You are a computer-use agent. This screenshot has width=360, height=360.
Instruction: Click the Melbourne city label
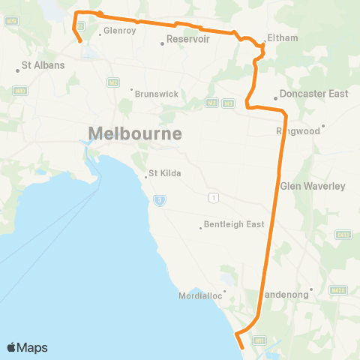[x=135, y=134]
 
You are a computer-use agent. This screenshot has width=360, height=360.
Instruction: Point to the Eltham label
[x=283, y=37]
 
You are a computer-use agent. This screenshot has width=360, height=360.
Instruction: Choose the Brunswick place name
[x=157, y=94]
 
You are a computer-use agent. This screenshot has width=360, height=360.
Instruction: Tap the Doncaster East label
[x=314, y=94]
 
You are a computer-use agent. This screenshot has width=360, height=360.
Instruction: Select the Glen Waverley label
[x=312, y=185]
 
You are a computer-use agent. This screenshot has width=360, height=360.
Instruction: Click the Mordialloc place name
[x=201, y=295]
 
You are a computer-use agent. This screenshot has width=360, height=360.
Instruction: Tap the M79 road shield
[x=10, y=21]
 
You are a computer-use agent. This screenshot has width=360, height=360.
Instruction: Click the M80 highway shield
[x=20, y=91]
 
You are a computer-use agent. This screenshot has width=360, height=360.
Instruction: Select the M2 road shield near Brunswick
[x=113, y=82]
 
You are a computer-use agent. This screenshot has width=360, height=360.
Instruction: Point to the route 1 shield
[x=214, y=197]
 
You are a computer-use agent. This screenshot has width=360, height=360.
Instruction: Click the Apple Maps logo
[x=28, y=347]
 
